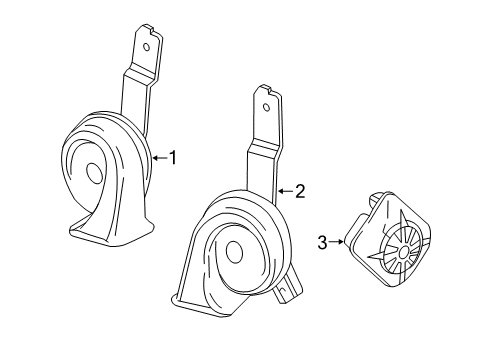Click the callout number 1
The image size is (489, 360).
[172, 158]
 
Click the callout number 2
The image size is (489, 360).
[300, 191]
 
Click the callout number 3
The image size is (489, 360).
[322, 242]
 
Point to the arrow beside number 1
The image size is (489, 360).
[160, 158]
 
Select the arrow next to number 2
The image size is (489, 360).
[286, 191]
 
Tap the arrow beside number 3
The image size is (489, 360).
[336, 242]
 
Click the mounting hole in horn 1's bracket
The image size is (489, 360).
[146, 47]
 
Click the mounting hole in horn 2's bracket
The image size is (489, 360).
[266, 107]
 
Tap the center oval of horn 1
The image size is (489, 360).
[94, 173]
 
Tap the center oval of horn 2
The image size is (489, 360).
[234, 252]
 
